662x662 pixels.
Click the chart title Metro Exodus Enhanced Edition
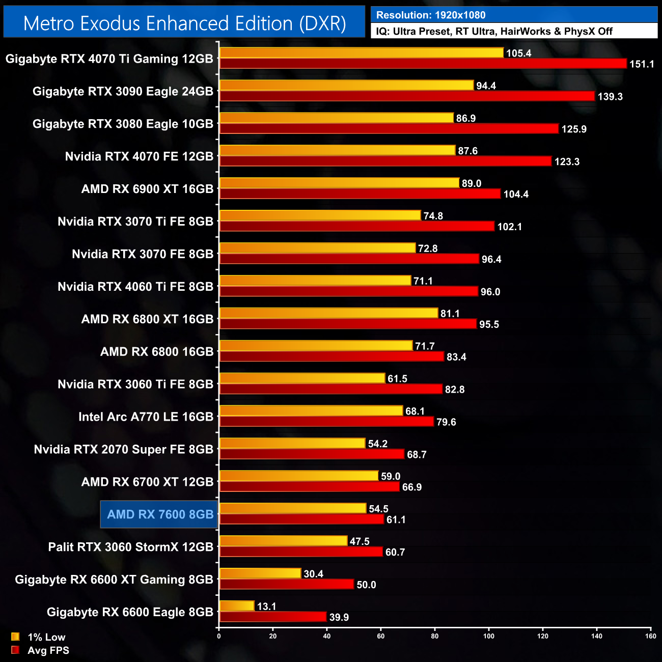tap(184, 23)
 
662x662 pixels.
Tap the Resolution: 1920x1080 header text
tap(431, 15)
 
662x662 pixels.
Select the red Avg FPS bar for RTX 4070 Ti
tap(423, 64)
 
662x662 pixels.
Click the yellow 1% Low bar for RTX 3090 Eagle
tap(346, 86)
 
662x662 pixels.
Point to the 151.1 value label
tap(642, 64)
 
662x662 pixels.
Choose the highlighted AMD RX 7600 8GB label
tap(160, 514)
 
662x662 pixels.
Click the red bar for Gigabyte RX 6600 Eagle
tap(272, 617)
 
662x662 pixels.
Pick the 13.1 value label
tap(266, 606)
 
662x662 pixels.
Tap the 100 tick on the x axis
tap(489, 636)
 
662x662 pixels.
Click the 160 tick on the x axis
tap(650, 636)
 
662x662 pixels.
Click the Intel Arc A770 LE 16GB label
tap(146, 417)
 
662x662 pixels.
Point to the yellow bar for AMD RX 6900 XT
tap(339, 183)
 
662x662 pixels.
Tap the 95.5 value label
tap(489, 324)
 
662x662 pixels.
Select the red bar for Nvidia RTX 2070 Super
tap(312, 454)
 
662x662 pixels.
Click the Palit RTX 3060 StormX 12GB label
tap(130, 547)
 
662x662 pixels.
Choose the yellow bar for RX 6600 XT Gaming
tap(260, 574)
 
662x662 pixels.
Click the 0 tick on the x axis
tap(219, 636)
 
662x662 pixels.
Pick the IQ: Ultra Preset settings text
tap(494, 32)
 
